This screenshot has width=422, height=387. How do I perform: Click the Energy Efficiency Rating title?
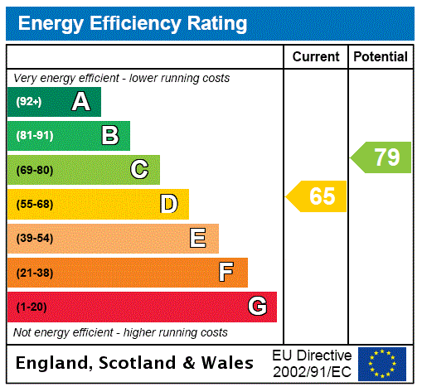(133, 24)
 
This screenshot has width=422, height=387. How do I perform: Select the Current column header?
(316, 57)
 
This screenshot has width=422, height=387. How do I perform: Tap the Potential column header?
(381, 57)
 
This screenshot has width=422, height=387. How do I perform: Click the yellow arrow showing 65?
(318, 196)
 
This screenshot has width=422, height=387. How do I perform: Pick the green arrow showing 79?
(381, 157)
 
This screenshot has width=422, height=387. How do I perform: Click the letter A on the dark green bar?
(80, 102)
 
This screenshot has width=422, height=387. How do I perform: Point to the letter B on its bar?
(109, 136)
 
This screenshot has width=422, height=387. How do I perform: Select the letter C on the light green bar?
(139, 170)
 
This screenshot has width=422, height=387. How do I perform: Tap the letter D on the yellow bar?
(168, 204)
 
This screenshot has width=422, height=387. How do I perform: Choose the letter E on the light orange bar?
(198, 239)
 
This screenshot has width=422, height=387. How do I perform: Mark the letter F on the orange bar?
(226, 273)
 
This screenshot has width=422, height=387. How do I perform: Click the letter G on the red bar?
(257, 307)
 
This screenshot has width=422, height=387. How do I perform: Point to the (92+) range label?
(29, 102)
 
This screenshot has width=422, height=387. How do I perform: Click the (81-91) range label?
(34, 136)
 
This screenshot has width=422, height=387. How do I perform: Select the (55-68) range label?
(34, 204)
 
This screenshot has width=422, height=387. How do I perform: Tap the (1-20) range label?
(32, 307)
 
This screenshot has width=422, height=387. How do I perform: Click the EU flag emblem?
(382, 364)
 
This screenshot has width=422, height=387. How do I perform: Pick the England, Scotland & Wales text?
(135, 363)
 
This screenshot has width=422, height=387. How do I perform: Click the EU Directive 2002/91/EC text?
(312, 363)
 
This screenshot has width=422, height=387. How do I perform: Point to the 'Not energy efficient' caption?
(120, 332)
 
